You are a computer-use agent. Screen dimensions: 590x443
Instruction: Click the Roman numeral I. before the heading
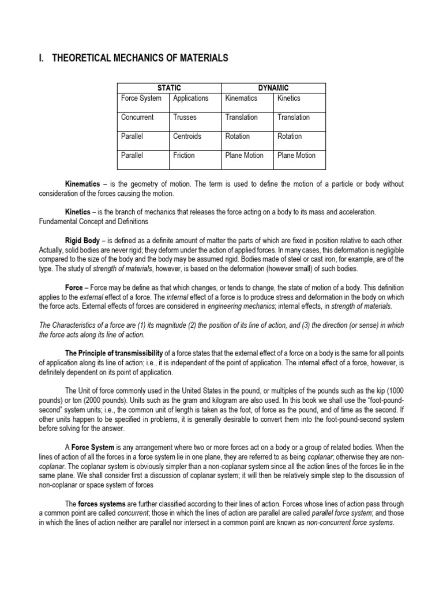[41, 58]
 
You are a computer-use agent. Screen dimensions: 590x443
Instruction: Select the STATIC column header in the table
[169, 88]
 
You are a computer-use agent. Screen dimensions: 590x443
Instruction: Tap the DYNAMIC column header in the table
[273, 88]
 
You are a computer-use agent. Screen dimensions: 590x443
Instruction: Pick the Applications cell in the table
[190, 99]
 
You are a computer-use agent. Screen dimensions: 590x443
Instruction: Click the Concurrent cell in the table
[137, 118]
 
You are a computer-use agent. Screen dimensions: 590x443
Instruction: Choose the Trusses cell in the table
[185, 118]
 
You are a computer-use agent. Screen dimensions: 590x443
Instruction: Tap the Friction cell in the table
[184, 156]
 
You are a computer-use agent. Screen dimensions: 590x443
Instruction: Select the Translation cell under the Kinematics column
[242, 118]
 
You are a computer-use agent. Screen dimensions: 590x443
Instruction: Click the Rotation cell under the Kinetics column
[290, 137]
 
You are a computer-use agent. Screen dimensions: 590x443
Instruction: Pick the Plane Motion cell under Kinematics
[245, 156]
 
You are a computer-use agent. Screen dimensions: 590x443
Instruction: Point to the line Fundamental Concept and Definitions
[93, 221]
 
